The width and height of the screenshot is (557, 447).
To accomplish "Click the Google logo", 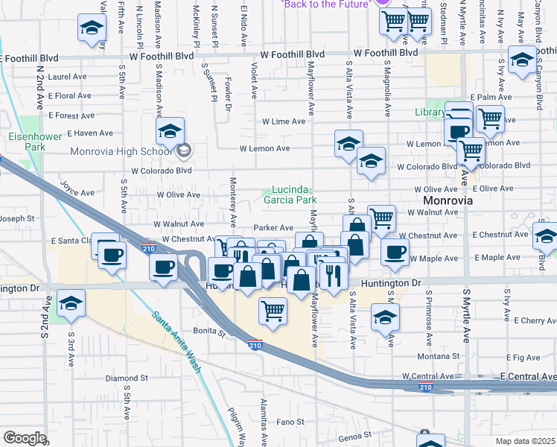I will click(x=25, y=438).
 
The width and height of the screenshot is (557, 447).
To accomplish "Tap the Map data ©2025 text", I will click(x=526, y=441).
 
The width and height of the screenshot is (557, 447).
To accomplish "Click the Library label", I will click(x=430, y=112).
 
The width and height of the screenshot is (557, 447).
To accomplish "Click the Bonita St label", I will click(x=210, y=329).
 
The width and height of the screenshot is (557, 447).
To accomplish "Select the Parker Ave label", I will click(x=273, y=227).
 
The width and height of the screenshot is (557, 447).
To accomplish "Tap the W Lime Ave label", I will click(x=283, y=121).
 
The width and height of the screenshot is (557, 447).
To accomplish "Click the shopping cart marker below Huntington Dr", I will click(x=273, y=311).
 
